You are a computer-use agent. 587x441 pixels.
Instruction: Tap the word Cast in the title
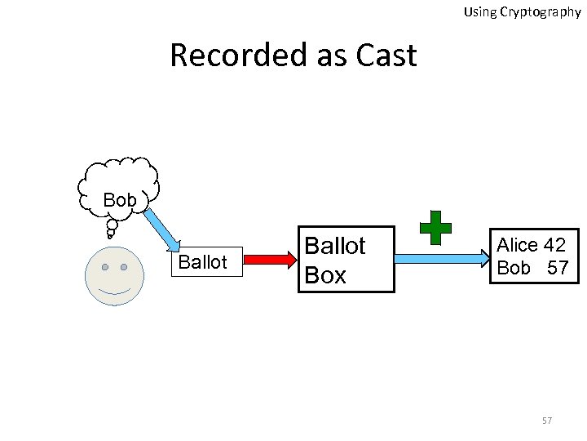click(x=386, y=56)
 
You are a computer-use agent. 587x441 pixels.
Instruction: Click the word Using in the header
click(x=481, y=12)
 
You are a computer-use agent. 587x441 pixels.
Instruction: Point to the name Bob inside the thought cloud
click(x=120, y=199)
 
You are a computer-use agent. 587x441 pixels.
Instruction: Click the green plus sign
click(x=435, y=227)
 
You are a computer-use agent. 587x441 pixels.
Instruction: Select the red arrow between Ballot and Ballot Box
click(x=270, y=259)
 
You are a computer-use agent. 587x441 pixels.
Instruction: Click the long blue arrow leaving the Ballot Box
click(x=441, y=259)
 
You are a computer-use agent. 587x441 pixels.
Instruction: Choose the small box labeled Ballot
click(x=203, y=262)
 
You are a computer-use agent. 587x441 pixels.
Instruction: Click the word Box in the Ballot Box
click(x=325, y=275)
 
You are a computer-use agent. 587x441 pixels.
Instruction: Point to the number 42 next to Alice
click(x=554, y=245)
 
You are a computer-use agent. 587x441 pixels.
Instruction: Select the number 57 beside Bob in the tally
click(x=558, y=267)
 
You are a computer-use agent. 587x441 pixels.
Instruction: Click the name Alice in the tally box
click(x=519, y=245)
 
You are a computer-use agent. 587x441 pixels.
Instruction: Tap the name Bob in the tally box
click(x=514, y=267)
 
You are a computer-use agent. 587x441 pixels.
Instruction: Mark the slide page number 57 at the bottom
click(x=547, y=421)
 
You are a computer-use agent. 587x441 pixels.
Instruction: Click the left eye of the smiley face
click(x=104, y=267)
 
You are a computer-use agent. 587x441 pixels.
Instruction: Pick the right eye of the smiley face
click(x=124, y=267)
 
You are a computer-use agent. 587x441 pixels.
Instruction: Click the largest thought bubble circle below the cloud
click(x=112, y=224)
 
